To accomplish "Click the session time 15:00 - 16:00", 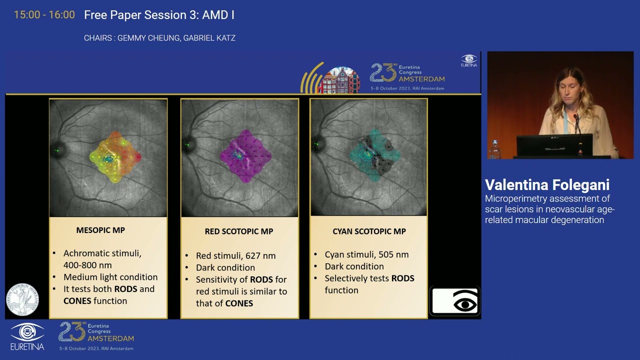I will coord(44,15).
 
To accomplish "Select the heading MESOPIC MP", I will coord(100,230).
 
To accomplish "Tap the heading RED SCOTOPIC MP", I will coord(239,231).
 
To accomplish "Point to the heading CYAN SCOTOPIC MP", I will coord(369,231).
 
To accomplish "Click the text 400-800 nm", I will coord(87,265).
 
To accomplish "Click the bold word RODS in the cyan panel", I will coord(402,278).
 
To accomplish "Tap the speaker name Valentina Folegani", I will coord(547,185).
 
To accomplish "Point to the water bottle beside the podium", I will coord(494,149).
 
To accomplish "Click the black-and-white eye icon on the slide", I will coord(455,301).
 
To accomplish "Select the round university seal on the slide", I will coord(22,299).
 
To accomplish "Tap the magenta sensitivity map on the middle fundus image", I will coord(241,155).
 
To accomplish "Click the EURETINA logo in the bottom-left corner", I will coord(27,336).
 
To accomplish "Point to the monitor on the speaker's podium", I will coord(554,145).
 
